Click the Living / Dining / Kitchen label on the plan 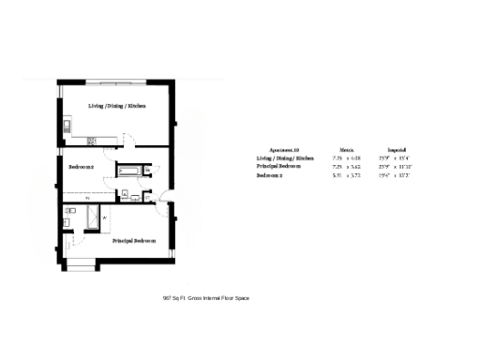pos(117,106)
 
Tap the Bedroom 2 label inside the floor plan pos(81,167)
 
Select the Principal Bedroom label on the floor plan pos(134,241)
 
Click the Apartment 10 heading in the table pos(283,149)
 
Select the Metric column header pos(346,149)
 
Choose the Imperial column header pos(395,149)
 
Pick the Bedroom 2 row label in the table pos(275,175)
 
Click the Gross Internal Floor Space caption pos(205,298)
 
